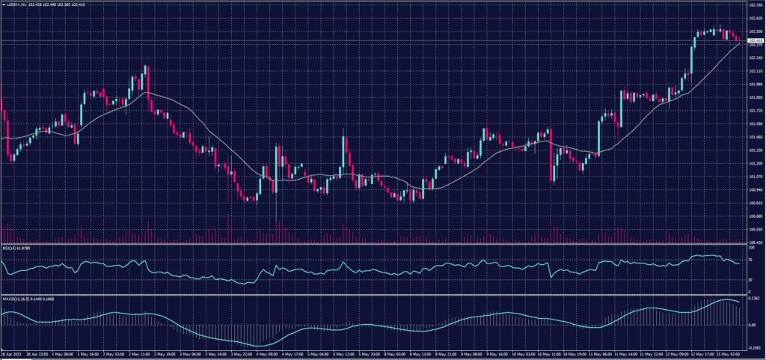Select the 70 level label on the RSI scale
coord(750,259)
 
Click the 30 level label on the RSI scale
coord(750,278)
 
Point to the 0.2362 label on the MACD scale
coord(754,299)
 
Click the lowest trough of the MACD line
coord(258,345)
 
